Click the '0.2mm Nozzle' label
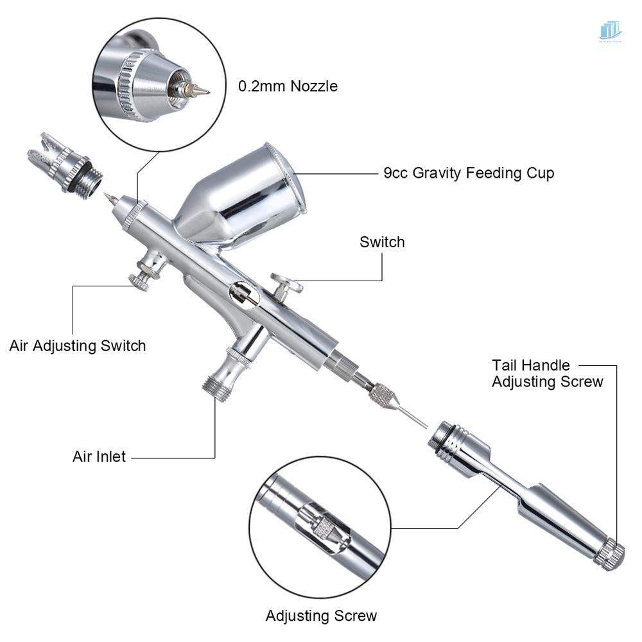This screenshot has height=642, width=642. click(288, 86)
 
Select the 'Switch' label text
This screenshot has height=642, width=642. click(382, 242)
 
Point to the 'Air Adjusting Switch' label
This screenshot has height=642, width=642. click(78, 345)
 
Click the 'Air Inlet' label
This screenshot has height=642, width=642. click(99, 457)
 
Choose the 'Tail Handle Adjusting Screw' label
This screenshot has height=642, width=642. click(547, 373)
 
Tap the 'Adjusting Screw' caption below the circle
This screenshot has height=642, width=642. click(321, 616)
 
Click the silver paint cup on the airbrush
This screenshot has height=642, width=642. click(244, 196)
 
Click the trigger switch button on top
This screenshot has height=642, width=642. click(286, 283)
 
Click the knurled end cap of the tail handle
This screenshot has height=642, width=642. click(609, 553)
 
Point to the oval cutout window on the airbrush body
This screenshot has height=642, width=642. click(244, 294)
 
